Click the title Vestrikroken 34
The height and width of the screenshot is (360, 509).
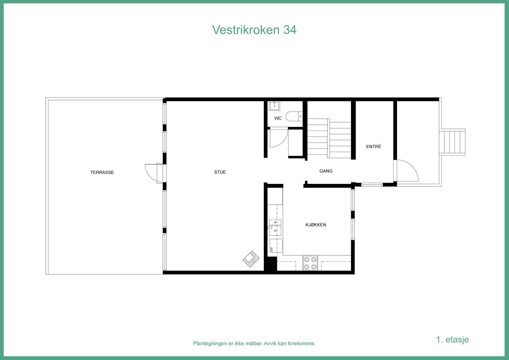(254, 30)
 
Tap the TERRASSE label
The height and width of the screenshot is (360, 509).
(102, 173)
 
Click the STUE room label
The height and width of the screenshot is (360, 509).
(220, 172)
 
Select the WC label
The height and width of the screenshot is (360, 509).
(278, 118)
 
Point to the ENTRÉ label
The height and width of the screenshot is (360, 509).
(373, 147)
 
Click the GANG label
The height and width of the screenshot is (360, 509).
(326, 171)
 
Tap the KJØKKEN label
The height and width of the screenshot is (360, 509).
(316, 225)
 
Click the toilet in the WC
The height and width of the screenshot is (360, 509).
(293, 116)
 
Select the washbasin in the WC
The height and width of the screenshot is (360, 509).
(274, 105)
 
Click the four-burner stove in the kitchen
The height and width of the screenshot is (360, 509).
(310, 263)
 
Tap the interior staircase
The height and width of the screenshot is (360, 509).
(329, 138)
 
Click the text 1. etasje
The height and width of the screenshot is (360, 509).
(452, 339)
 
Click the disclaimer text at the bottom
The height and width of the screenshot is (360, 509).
(254, 343)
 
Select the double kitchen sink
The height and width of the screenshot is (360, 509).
(275, 226)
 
